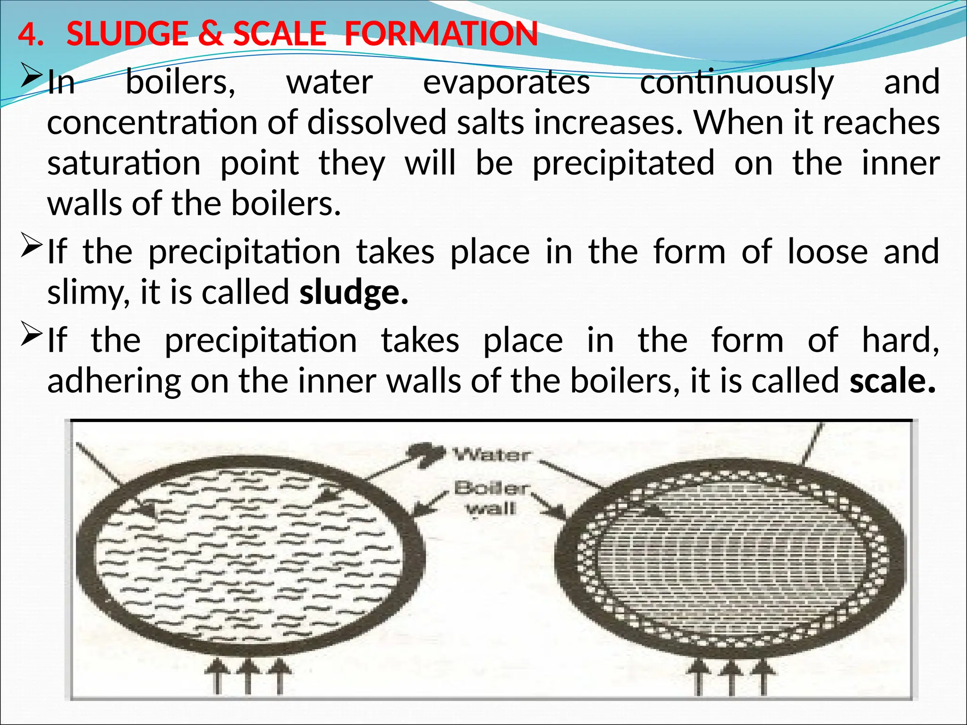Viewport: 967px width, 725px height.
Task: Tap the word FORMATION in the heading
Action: pos(441,34)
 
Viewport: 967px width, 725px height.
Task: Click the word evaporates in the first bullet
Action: pos(506,82)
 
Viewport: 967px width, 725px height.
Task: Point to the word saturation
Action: pos(124,163)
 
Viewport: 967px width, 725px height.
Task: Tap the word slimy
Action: pos(88,293)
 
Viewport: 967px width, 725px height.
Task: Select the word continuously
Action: pos(737,82)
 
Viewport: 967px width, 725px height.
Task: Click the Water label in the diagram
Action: pos(492,455)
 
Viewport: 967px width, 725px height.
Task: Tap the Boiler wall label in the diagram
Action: pos(492,498)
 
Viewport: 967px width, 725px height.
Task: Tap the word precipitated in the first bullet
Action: pos(623,163)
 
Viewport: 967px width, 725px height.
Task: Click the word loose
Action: pos(827,252)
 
